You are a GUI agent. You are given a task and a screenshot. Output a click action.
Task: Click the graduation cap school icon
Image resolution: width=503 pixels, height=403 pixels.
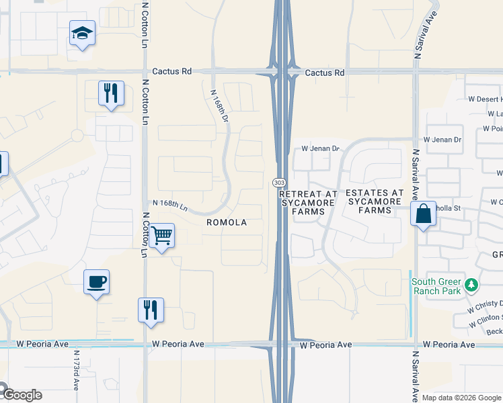point(82,33)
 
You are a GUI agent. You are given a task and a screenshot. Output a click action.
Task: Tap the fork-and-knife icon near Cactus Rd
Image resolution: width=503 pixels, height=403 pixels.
point(112,93)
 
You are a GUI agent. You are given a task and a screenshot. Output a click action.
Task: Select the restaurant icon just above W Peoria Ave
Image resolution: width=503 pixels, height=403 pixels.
point(150,310)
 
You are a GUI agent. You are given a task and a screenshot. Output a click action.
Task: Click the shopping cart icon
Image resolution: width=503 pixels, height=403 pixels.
point(161,236)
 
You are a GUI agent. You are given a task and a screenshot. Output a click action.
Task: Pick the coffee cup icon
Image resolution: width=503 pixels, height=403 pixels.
point(97,281)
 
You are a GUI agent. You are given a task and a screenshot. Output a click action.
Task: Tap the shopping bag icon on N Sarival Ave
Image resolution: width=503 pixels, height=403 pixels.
point(424,215)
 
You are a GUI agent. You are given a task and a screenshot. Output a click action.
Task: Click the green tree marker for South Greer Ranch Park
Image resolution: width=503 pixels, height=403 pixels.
point(471,285)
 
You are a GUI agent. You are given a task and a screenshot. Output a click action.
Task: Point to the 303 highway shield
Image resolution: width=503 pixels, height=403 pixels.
point(278,183)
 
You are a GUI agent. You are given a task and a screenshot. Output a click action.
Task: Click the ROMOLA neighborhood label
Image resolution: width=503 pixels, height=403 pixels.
point(226,222)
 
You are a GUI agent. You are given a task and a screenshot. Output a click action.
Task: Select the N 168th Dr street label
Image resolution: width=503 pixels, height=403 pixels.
point(220,106)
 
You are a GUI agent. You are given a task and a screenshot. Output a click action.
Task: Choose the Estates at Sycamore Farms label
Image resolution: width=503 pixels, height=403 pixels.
point(375,201)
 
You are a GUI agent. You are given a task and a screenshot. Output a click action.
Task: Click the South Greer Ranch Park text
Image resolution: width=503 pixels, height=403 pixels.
point(436,286)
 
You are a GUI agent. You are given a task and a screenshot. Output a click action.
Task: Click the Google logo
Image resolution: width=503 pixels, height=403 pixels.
point(22,395)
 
